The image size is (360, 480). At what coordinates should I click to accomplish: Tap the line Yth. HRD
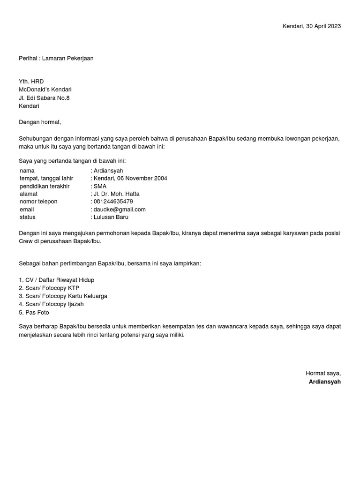(31, 82)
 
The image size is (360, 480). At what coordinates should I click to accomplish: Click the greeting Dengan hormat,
(40, 122)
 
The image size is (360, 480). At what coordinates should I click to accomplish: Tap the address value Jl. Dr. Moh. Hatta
(117, 194)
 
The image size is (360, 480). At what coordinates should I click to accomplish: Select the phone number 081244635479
(113, 202)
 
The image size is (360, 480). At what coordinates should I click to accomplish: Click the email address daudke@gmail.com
(120, 210)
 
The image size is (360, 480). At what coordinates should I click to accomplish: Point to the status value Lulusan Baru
(111, 217)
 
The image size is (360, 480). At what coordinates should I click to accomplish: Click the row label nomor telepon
(38, 202)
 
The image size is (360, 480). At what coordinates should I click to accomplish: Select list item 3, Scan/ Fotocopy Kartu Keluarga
(63, 296)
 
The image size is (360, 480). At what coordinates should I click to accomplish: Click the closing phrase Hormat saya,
(323, 373)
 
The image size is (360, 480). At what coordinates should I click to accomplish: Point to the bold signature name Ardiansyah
(325, 382)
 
